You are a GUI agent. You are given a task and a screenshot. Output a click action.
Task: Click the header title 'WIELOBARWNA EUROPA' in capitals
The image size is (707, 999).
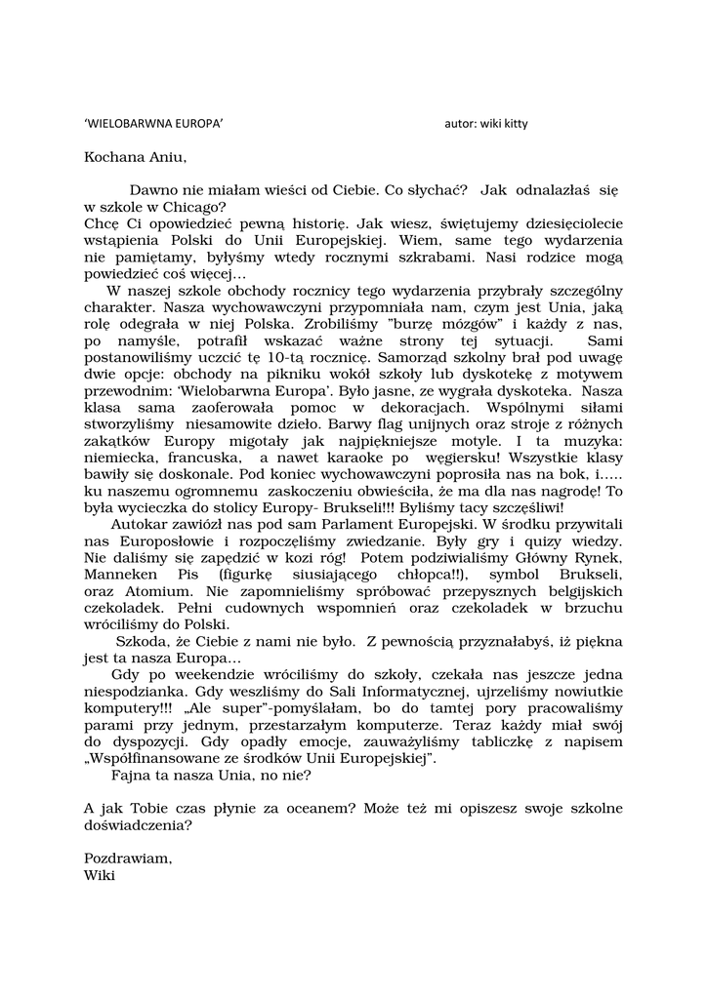pyautogui.click(x=154, y=125)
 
